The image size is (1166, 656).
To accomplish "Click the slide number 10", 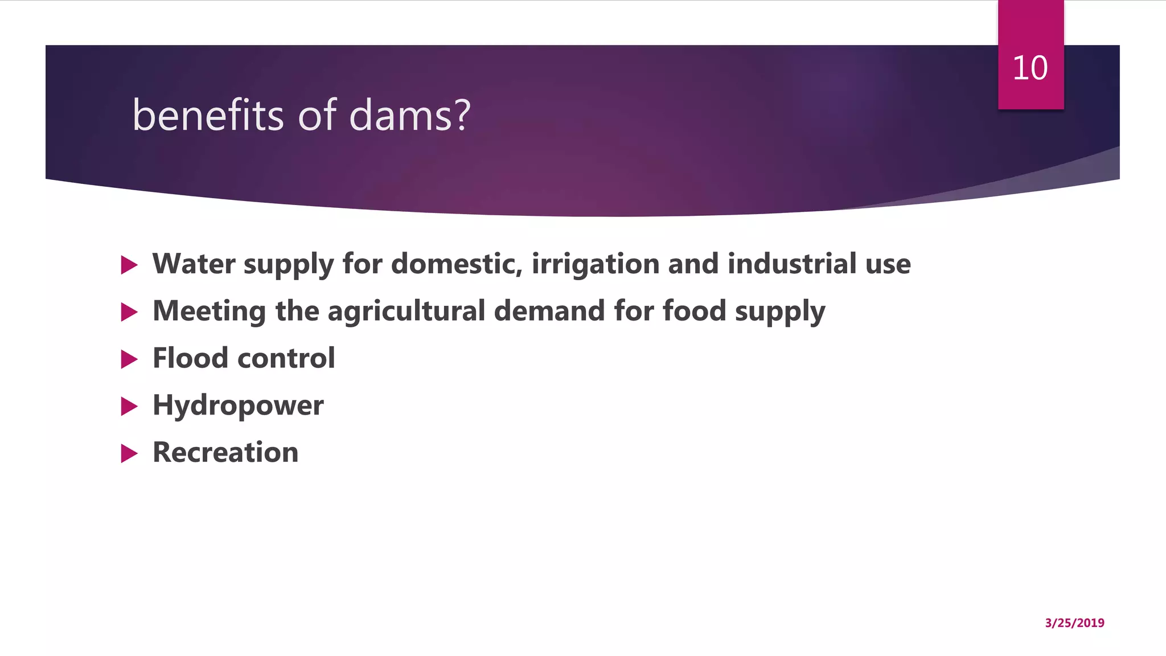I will (x=1030, y=68).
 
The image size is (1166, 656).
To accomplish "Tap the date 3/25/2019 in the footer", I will (x=1074, y=623).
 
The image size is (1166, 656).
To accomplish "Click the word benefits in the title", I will (x=208, y=115).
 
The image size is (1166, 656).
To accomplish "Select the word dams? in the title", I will (x=409, y=115).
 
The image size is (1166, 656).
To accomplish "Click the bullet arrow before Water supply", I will (x=129, y=265).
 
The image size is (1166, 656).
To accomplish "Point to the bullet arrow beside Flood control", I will (x=129, y=359).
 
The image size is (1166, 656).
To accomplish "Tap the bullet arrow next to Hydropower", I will (x=129, y=407).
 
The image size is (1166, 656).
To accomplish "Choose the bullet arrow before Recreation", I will (x=129, y=454).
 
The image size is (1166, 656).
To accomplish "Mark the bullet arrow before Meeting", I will (x=129, y=312).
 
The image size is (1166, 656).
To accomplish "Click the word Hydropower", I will (x=238, y=406).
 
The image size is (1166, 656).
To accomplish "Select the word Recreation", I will (x=225, y=453).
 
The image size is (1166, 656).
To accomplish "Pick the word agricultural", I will (x=406, y=311).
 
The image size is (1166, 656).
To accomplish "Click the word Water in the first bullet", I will (x=194, y=264).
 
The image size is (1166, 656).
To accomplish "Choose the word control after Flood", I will (x=286, y=358).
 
